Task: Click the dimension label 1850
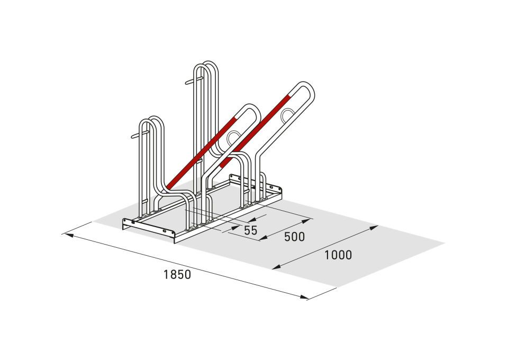click(177, 274)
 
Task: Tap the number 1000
click(338, 255)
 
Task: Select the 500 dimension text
click(294, 237)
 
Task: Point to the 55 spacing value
click(250, 230)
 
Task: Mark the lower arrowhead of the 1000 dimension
click(276, 267)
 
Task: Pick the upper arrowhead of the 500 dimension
click(306, 221)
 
